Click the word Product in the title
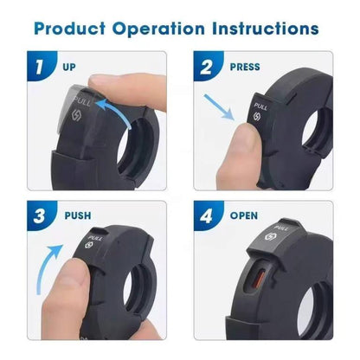tap(70, 29)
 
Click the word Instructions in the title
tap(266, 29)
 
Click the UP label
tap(69, 67)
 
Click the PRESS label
tap(245, 67)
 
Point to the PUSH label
tap(78, 215)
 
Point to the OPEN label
tap(244, 215)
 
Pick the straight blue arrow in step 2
tap(219, 106)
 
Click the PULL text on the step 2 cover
tap(260, 106)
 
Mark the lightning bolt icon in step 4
tap(270, 237)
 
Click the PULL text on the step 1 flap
tap(82, 101)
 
